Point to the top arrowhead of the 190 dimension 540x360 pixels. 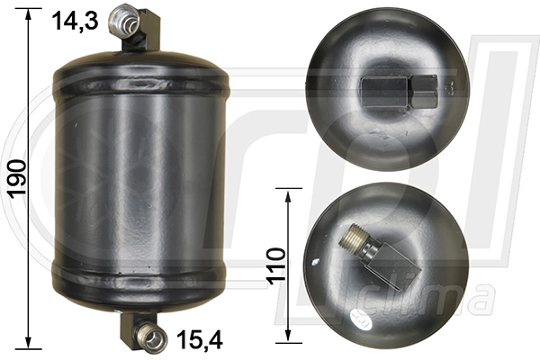point(30,12)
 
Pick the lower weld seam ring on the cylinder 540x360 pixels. point(140,270)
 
